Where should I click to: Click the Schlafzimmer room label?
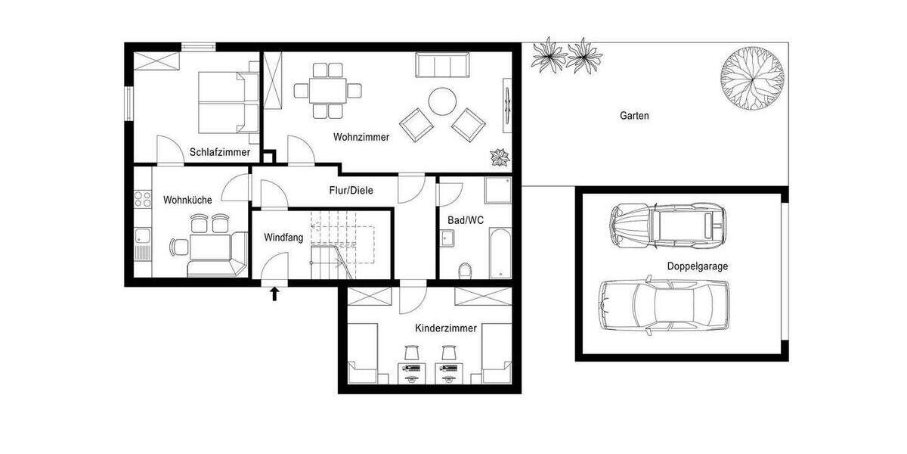coord(220,152)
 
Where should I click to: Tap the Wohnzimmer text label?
coord(361,137)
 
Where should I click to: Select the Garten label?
coord(634,116)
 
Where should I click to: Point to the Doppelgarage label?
coord(697,266)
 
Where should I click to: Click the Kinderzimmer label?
coord(445,328)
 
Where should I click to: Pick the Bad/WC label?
coord(465,219)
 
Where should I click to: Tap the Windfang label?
coord(283,238)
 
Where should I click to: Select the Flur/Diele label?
coord(351,191)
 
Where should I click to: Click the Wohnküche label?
coord(187,200)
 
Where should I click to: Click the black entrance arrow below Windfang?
coord(274,293)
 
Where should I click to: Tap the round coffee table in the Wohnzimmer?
coord(442,100)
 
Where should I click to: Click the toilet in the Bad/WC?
coord(466,269)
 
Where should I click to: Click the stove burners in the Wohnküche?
coord(141,199)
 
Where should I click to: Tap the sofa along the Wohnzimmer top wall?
coord(443,65)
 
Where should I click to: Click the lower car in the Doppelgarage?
coord(664,306)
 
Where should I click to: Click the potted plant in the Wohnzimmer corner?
coord(500,157)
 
